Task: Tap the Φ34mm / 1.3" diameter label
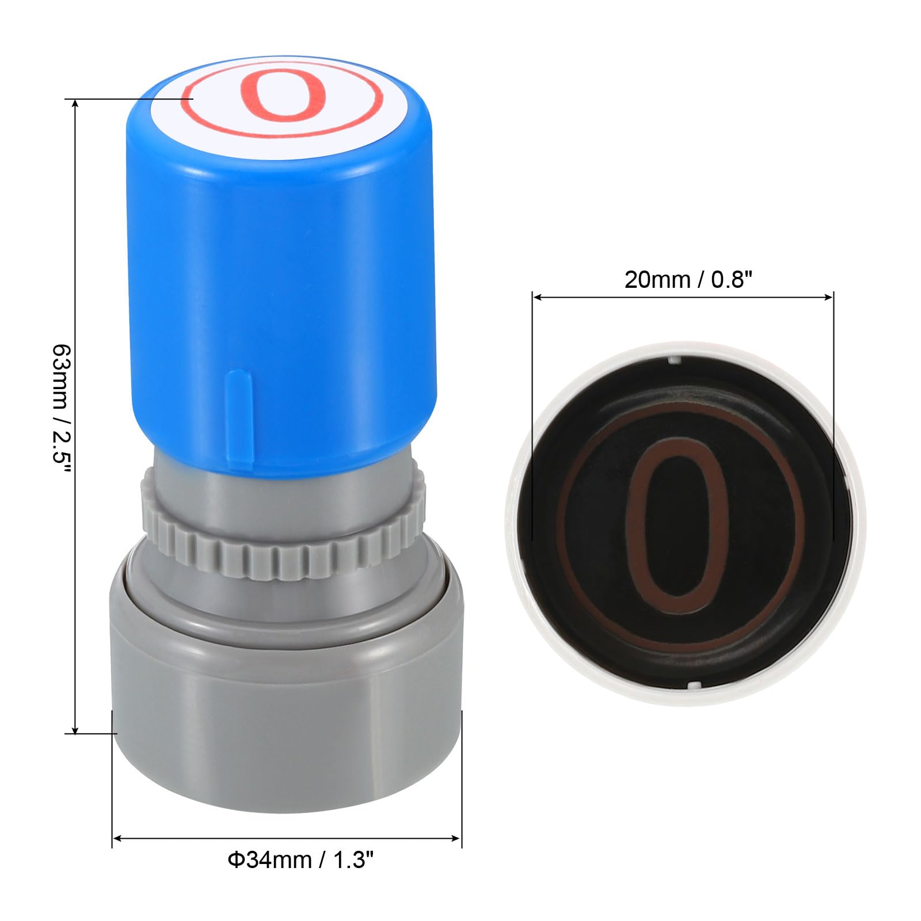coord(301,860)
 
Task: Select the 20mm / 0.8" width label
coord(688,280)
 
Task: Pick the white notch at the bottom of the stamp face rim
coord(695,686)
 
